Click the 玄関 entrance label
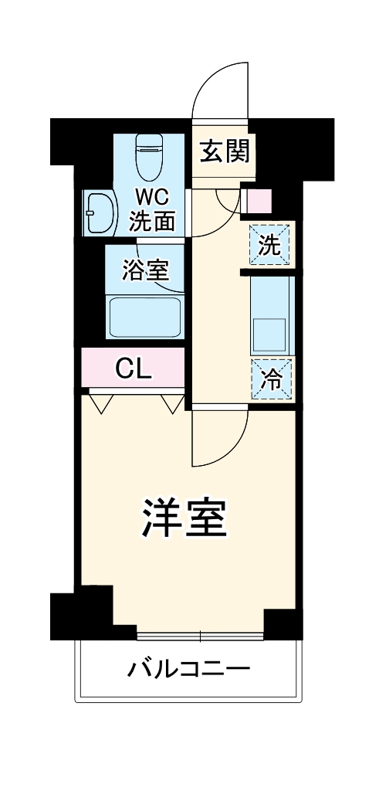pos(225,151)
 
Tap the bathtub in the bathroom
pos(145,317)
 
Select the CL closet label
pos(133,369)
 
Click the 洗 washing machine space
pos(269,243)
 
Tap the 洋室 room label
pos(184,519)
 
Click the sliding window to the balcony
pos(200,636)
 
